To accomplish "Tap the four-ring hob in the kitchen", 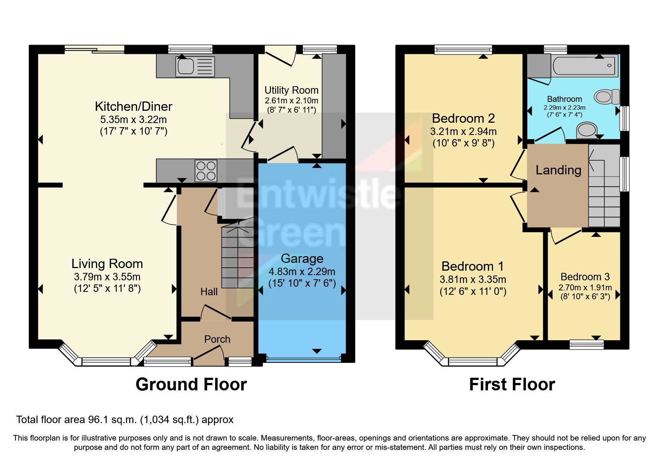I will pyautogui.click(x=206, y=171).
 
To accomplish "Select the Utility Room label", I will pyautogui.click(x=291, y=90).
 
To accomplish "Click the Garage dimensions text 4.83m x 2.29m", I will pyautogui.click(x=302, y=272).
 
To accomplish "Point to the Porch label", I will pyautogui.click(x=217, y=339).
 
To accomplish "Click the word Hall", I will pyautogui.click(x=209, y=292).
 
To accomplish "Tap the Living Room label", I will pyautogui.click(x=107, y=264).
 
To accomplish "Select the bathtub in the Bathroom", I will pyautogui.click(x=584, y=65).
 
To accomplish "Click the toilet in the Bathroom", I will pyautogui.click(x=606, y=97).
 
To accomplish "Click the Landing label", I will pyautogui.click(x=558, y=170).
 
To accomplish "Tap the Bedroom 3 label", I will pyautogui.click(x=585, y=277).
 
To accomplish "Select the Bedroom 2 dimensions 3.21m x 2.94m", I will pyautogui.click(x=463, y=132).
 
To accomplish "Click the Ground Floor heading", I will pyautogui.click(x=191, y=384).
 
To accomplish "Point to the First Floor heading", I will pyautogui.click(x=512, y=384).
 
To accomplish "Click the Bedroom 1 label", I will pyautogui.click(x=473, y=267).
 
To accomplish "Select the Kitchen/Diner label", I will pyautogui.click(x=133, y=107).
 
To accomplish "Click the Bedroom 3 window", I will pyautogui.click(x=586, y=345).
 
